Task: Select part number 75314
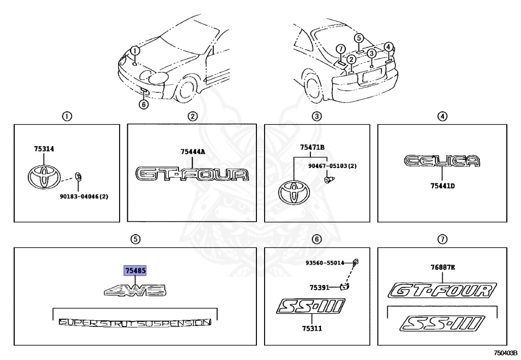[44, 149]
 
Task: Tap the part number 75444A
[193, 151]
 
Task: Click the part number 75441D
[442, 186]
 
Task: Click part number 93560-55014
[325, 263]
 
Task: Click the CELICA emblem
[442, 161]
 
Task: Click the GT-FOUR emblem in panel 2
[193, 174]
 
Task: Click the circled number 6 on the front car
[143, 104]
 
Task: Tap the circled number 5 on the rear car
[359, 38]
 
